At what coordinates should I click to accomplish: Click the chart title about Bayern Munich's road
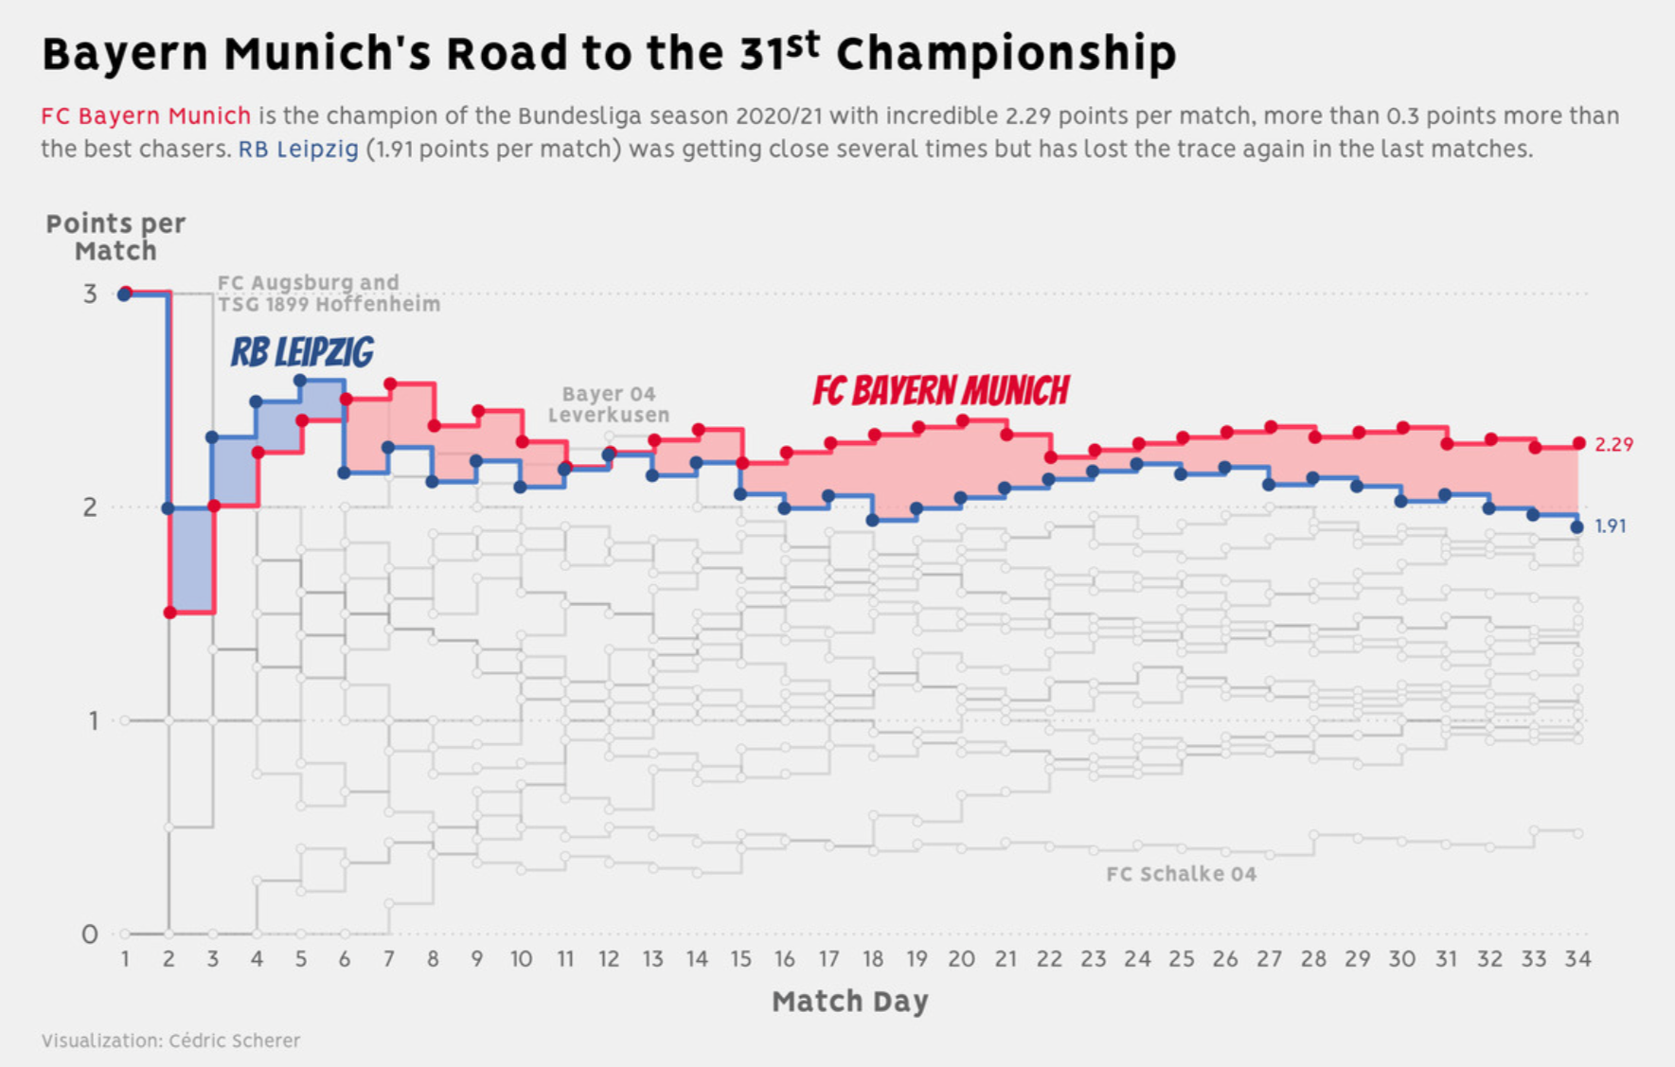click(609, 54)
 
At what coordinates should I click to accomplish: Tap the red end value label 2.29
click(1613, 444)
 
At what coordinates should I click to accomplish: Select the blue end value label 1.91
click(1611, 526)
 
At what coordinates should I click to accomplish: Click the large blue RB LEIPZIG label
click(302, 352)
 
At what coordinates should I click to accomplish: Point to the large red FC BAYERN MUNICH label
click(941, 390)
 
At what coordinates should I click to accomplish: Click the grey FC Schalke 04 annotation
click(1181, 874)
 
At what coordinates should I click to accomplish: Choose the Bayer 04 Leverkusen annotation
click(608, 404)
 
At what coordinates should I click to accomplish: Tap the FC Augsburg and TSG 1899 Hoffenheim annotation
click(328, 293)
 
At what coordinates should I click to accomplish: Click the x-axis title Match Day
click(849, 1001)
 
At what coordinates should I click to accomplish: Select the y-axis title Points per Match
click(116, 237)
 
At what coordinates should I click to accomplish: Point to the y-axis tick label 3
click(90, 293)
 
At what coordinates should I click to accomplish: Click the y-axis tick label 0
click(90, 934)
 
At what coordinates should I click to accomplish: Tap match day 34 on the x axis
click(1577, 959)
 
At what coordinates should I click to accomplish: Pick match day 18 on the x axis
click(872, 959)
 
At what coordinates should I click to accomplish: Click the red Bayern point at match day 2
click(169, 613)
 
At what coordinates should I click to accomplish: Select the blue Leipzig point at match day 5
click(300, 381)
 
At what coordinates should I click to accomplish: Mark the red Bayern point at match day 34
click(1578, 443)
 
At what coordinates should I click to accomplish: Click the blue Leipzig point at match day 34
click(1577, 527)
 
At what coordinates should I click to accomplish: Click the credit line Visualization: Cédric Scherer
click(170, 1040)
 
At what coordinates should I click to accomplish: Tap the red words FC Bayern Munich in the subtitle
click(146, 116)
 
